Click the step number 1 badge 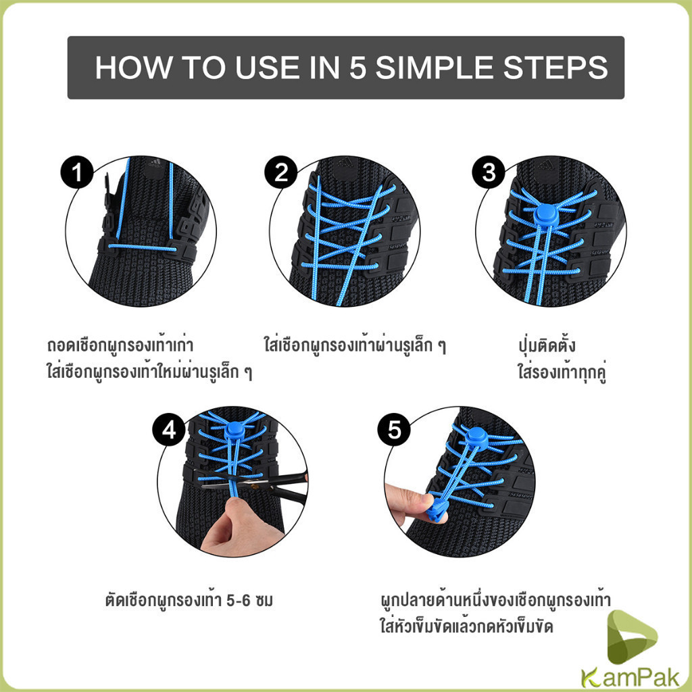point(77,172)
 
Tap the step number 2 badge point(281,172)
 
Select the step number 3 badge point(489,172)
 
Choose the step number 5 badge point(394,429)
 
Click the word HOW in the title point(133,68)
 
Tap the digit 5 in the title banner point(358,68)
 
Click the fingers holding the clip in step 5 point(408,503)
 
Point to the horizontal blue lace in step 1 point(142,247)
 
